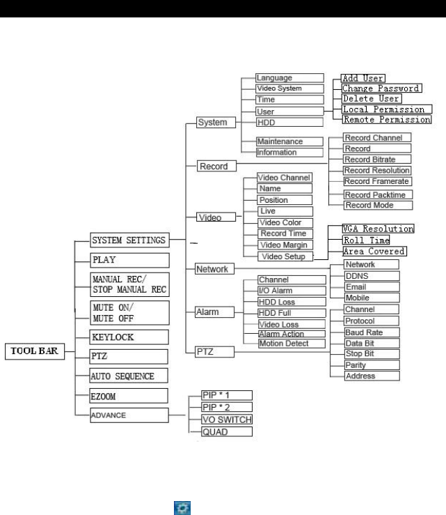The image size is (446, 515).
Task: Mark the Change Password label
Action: (x=380, y=89)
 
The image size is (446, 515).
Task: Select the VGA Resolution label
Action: (x=379, y=229)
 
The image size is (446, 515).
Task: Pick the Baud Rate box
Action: (x=372, y=332)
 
